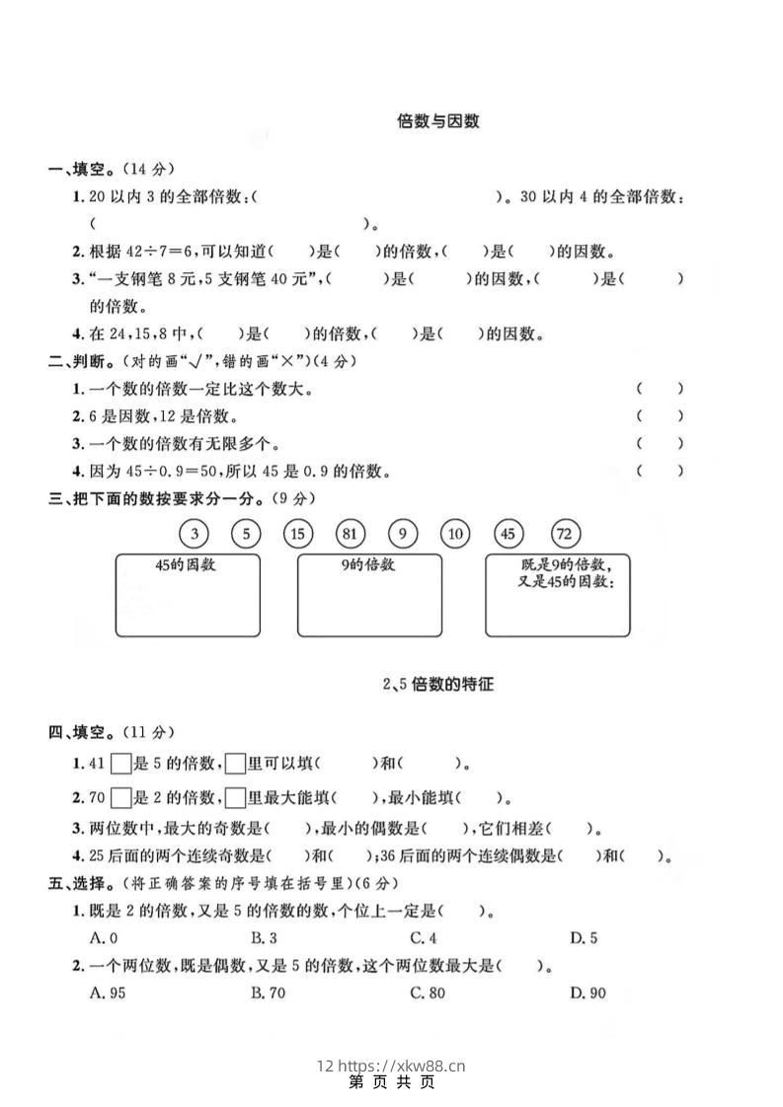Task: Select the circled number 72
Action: (x=564, y=534)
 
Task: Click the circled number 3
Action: (x=195, y=534)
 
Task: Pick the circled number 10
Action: (x=455, y=534)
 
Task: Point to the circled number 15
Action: (x=297, y=534)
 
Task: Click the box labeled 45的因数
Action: (x=188, y=594)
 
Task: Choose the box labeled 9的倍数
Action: (x=369, y=594)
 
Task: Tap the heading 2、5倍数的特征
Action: (x=437, y=683)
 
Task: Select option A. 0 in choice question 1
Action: (x=104, y=938)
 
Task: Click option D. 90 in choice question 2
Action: (x=587, y=993)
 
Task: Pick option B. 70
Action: (x=268, y=993)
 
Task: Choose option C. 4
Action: (x=424, y=938)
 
